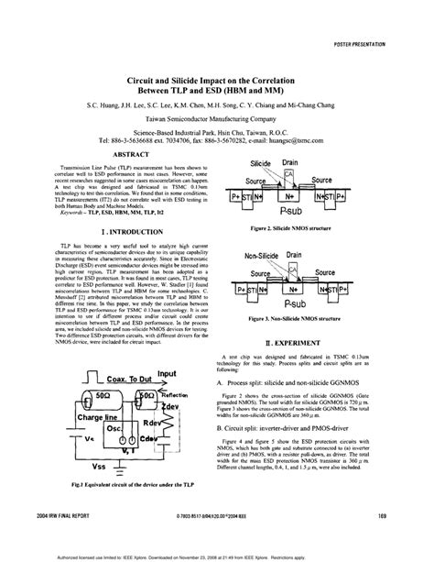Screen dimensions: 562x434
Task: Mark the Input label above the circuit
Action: tap(166, 373)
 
